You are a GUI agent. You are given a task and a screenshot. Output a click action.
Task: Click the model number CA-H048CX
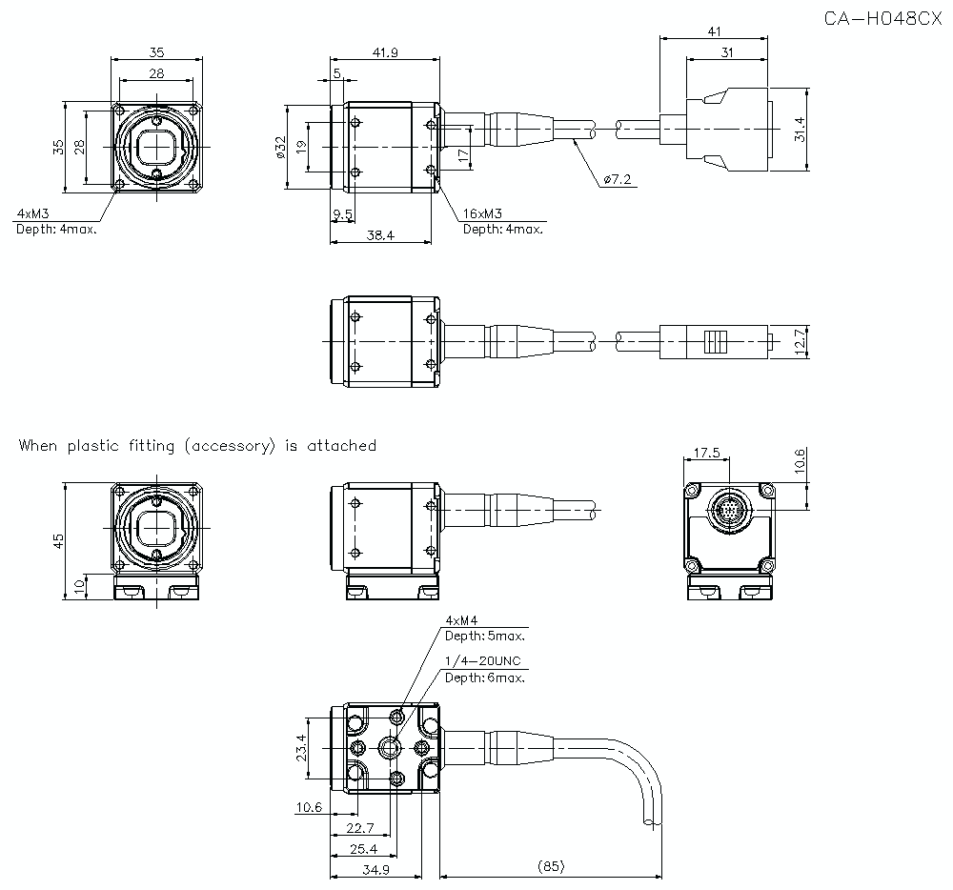coord(882,19)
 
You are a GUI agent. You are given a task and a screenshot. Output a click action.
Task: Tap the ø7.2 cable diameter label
coord(618,178)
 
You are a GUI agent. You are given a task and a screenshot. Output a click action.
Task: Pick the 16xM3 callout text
coord(483,214)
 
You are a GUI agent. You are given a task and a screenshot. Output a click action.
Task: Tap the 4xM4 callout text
coord(461,620)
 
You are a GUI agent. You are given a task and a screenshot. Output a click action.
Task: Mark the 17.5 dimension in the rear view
coord(706,454)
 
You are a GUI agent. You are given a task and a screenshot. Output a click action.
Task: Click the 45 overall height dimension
coord(59,540)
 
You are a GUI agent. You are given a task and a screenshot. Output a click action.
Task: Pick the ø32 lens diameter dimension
coord(280,147)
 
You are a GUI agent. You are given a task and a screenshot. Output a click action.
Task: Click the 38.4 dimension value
coord(379,234)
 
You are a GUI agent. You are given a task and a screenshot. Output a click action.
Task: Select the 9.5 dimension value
coord(343,215)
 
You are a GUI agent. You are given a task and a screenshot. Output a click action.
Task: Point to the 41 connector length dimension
coord(714,31)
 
